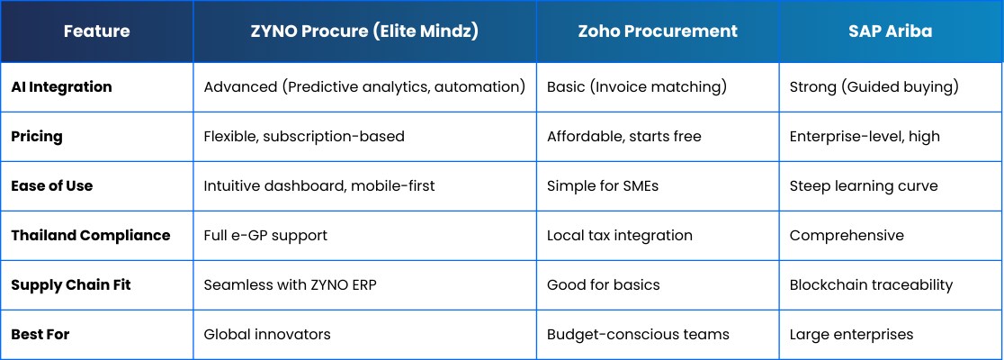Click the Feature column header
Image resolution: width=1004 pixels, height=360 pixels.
(x=96, y=31)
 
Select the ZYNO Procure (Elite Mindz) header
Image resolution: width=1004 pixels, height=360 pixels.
(x=364, y=31)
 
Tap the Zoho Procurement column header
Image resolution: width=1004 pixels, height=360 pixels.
(x=658, y=31)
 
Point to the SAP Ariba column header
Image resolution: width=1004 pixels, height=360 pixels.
(x=892, y=31)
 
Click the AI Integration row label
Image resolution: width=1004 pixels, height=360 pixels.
(x=61, y=87)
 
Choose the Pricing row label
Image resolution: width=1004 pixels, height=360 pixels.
(x=37, y=137)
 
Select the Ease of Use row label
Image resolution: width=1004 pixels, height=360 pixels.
(x=52, y=185)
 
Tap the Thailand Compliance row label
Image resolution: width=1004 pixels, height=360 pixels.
(x=90, y=236)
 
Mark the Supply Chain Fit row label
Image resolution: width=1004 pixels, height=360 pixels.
(x=70, y=285)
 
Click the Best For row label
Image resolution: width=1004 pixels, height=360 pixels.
(x=40, y=335)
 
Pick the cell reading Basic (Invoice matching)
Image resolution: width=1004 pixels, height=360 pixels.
(x=636, y=87)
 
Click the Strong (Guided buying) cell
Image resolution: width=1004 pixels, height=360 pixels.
(x=874, y=87)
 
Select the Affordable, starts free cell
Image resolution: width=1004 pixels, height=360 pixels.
(x=623, y=137)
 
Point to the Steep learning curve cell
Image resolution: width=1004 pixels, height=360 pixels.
(x=863, y=186)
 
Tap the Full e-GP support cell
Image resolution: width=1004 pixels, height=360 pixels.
(x=265, y=236)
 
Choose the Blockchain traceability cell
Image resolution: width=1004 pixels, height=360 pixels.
(x=871, y=285)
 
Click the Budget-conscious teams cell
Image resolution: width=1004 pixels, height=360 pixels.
(x=638, y=335)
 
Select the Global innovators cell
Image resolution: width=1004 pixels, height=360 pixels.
(x=267, y=335)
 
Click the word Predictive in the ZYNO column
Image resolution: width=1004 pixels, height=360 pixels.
(x=320, y=87)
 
